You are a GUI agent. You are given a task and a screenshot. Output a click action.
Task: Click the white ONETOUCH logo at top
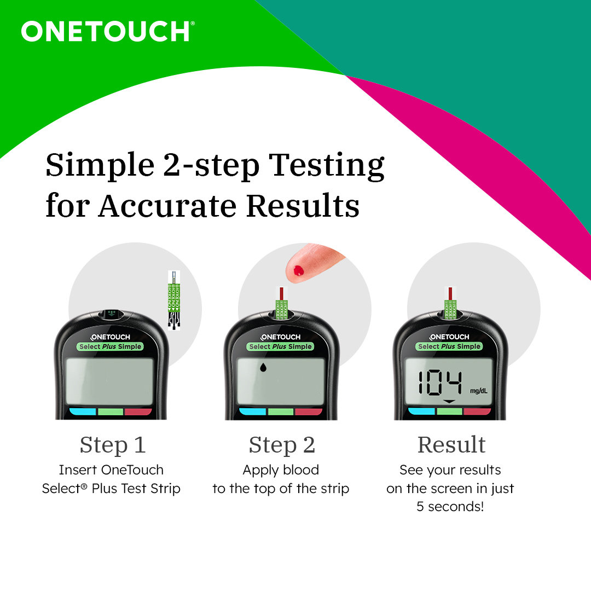107,31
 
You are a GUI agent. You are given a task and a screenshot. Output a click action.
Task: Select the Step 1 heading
112,445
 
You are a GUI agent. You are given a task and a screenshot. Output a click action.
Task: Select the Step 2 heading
281,445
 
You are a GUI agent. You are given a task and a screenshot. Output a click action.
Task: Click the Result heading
451,445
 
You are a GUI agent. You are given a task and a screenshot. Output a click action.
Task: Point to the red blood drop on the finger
299,270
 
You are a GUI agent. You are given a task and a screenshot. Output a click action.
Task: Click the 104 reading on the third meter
440,383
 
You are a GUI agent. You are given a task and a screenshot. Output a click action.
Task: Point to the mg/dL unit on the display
478,391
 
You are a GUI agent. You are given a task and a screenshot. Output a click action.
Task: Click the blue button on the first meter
82,412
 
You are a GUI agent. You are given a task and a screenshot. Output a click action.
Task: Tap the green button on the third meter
450,412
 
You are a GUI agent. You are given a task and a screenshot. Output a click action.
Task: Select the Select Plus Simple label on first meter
111,346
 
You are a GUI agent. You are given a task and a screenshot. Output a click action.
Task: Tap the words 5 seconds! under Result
450,507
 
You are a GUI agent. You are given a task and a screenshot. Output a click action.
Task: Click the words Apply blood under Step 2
281,470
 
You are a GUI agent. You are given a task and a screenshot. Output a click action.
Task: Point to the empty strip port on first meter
112,314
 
